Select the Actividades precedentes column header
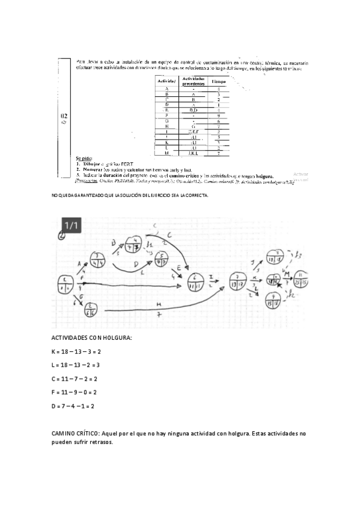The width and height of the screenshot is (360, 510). click(x=193, y=81)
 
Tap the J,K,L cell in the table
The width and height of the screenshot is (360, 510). click(x=193, y=154)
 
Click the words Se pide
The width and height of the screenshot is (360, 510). click(x=84, y=158)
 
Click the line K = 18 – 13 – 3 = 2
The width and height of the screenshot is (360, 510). click(x=76, y=351)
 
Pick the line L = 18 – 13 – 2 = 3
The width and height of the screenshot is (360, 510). click(x=76, y=365)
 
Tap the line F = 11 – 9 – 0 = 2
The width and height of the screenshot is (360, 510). click(x=75, y=392)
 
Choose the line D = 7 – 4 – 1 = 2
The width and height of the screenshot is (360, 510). click(x=73, y=406)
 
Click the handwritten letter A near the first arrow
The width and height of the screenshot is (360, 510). click(x=79, y=263)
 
